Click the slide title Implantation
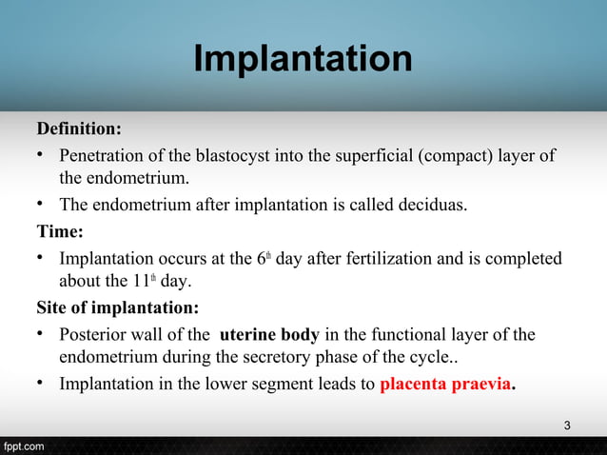303,60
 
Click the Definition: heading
79,129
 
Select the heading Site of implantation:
118,308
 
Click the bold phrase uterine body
270,334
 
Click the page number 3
567,425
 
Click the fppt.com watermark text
22,445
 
